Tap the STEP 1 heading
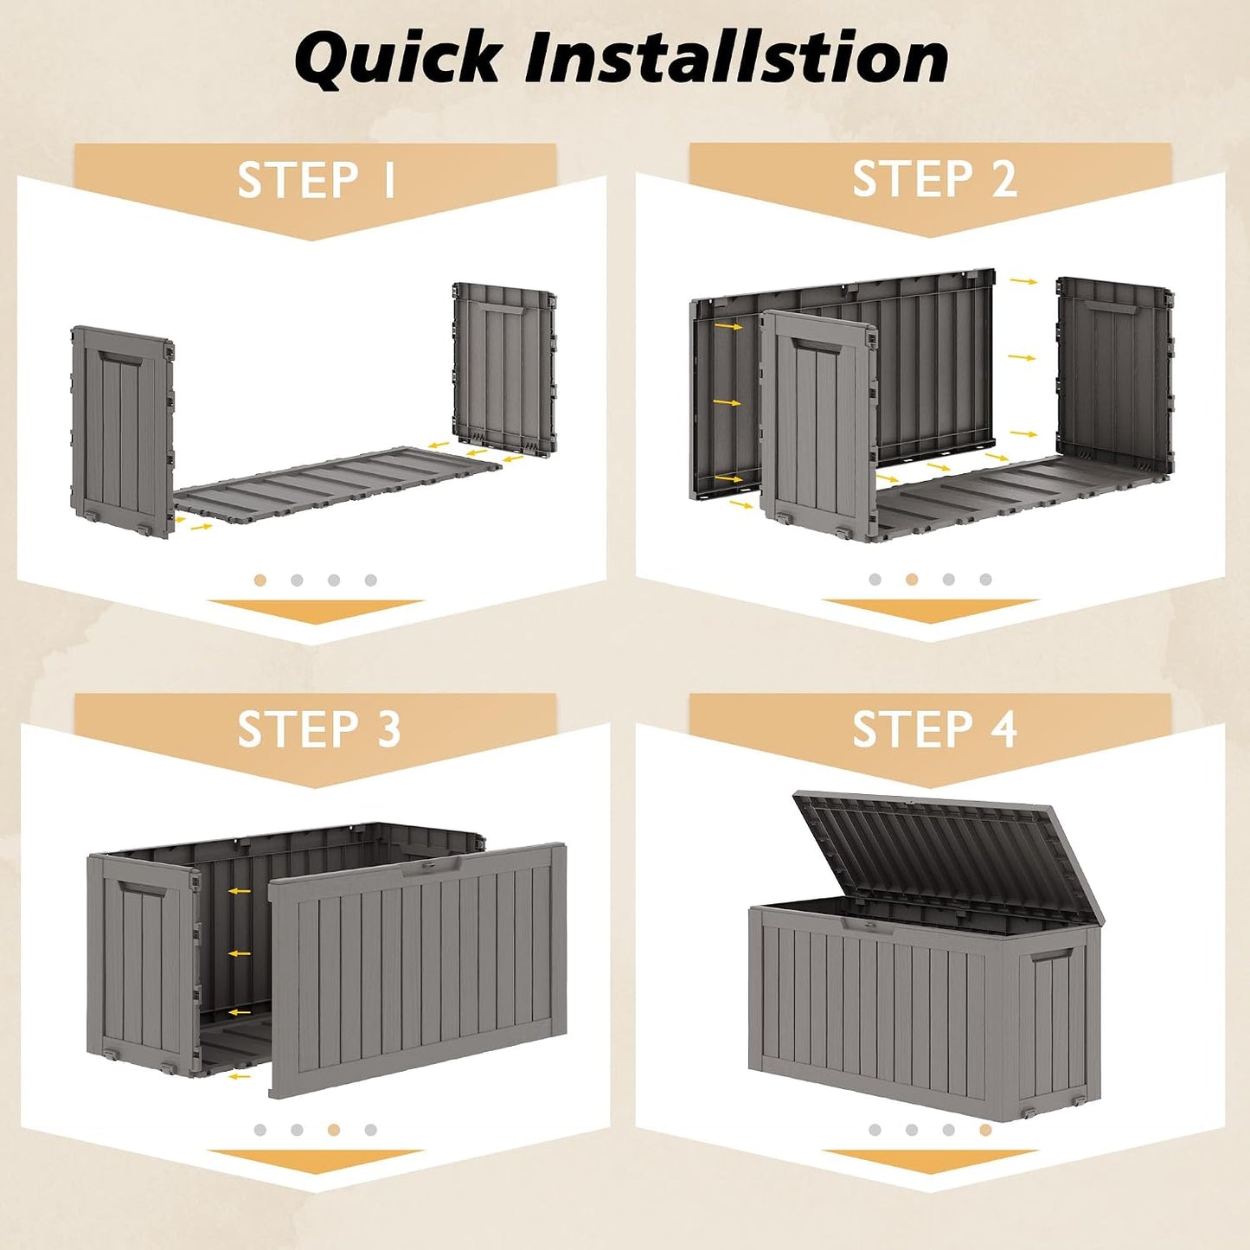[317, 180]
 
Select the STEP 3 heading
[319, 729]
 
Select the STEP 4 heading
[935, 729]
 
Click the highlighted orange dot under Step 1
[260, 580]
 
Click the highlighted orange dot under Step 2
[912, 580]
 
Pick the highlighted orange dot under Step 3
[334, 1130]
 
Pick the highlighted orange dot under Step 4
[985, 1130]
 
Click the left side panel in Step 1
[122, 432]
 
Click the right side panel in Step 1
[504, 368]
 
